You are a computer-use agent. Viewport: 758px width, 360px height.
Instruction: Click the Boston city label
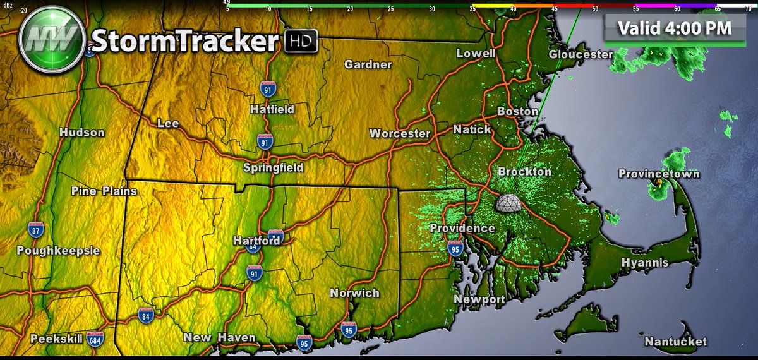tap(517, 111)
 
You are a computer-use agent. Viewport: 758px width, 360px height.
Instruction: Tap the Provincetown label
tap(659, 174)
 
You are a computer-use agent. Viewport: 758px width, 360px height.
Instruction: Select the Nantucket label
tap(675, 342)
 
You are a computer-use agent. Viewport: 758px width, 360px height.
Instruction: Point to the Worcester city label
tap(400, 133)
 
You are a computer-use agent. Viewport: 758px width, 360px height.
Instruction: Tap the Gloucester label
tap(581, 54)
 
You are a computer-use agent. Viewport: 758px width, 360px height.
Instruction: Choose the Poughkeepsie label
tap(58, 251)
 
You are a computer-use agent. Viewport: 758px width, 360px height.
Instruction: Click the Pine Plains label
tap(104, 191)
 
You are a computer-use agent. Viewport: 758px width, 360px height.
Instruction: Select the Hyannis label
tap(644, 262)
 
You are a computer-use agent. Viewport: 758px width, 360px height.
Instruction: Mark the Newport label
tap(479, 299)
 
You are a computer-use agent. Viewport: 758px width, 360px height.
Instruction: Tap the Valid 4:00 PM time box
tap(675, 28)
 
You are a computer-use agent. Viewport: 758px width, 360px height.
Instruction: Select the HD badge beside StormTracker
tap(301, 41)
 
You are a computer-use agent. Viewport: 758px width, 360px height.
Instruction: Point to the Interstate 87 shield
tap(36, 231)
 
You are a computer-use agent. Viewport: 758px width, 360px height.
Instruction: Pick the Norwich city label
tap(354, 293)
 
